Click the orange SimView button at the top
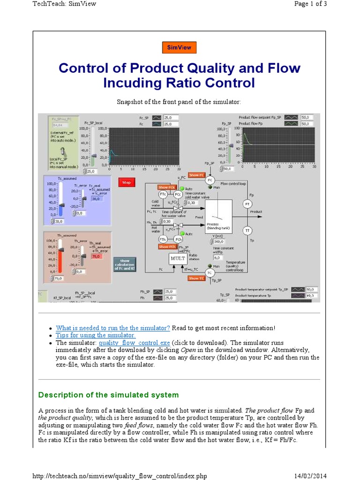pos(179,47)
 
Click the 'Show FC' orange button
pos(196,174)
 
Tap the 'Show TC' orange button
pos(196,278)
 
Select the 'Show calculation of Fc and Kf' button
pos(124,264)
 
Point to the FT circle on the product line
pos(247,204)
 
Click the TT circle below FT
pos(247,230)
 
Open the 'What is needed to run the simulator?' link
pos(112,328)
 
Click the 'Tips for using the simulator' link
pos(96,335)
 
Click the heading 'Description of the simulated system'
pos(108,395)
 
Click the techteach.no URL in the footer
pos(120,476)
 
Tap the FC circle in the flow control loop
pos(210,180)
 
